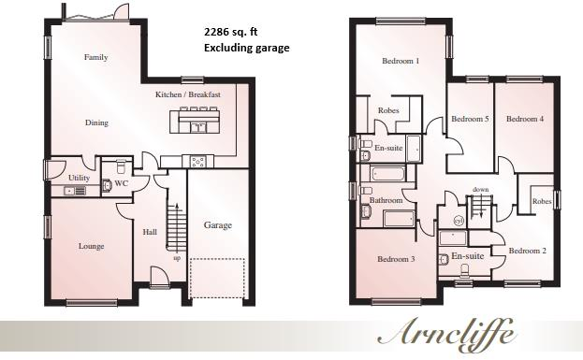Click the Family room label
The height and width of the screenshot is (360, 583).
95,58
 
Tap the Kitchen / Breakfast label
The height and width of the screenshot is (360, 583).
188,95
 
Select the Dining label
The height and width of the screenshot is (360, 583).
96,122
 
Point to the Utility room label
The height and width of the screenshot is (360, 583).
80,178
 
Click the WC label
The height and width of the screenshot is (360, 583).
121,184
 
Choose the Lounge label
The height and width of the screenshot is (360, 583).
91,247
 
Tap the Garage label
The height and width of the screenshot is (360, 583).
218,225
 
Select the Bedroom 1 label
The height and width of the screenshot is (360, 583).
401,62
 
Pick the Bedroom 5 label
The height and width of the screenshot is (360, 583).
470,120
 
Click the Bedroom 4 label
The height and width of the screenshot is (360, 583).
525,120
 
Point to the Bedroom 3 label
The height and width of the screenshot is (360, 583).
396,259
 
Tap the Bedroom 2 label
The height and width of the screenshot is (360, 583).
528,252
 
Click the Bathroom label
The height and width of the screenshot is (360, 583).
386,201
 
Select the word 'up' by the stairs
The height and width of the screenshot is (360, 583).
177,258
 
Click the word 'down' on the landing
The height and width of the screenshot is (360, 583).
480,190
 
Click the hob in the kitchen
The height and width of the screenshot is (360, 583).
198,161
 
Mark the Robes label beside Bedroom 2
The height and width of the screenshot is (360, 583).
541,202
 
